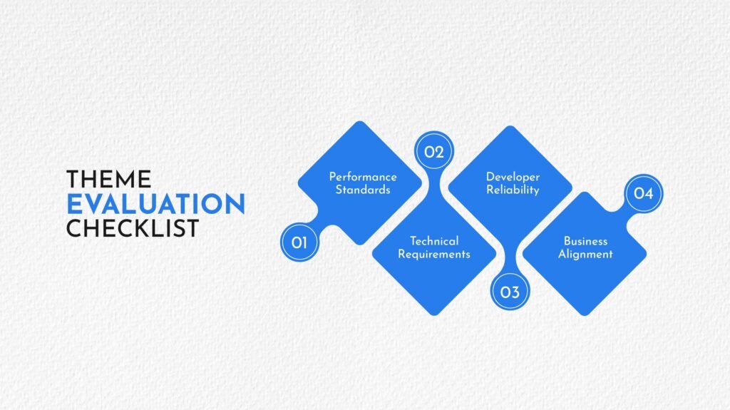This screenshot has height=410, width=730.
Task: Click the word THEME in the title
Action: pyautogui.click(x=109, y=180)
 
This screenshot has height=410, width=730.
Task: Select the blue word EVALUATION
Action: pyautogui.click(x=156, y=204)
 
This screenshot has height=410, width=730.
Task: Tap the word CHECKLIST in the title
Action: pyautogui.click(x=133, y=228)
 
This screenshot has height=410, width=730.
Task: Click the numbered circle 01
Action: pyautogui.click(x=300, y=242)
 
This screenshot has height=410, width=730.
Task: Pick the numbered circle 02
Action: pyautogui.click(x=434, y=151)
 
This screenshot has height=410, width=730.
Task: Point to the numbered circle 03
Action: pyautogui.click(x=510, y=292)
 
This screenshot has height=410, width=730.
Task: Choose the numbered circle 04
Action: pyautogui.click(x=644, y=193)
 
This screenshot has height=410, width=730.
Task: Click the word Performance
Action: pyautogui.click(x=363, y=177)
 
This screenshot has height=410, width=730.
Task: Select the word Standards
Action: pyautogui.click(x=363, y=190)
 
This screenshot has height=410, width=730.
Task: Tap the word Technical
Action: pyautogui.click(x=434, y=241)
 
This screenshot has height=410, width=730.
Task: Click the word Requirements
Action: pyautogui.click(x=434, y=255)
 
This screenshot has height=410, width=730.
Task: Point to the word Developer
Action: pyautogui.click(x=513, y=178)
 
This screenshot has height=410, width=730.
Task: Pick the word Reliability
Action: pyautogui.click(x=513, y=190)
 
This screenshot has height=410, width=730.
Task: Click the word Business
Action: pyautogui.click(x=586, y=241)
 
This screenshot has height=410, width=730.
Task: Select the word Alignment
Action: pyautogui.click(x=586, y=255)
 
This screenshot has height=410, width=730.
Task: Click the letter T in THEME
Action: pyautogui.click(x=73, y=180)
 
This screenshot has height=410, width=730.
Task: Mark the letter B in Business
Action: pyautogui.click(x=567, y=241)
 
